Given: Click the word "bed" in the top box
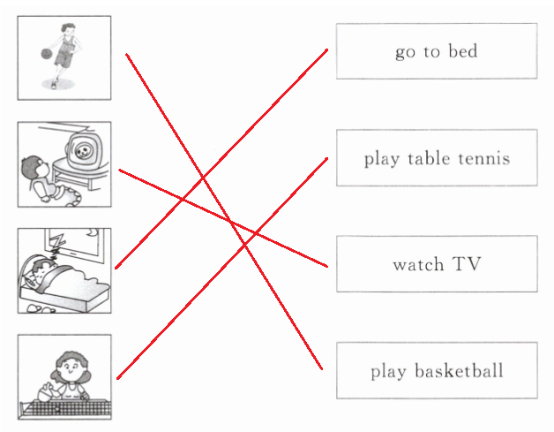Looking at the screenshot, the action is tap(463, 51).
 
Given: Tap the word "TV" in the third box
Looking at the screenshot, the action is tap(467, 264).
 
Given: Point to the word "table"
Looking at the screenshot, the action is tap(429, 159).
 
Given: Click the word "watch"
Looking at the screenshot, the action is tap(418, 264).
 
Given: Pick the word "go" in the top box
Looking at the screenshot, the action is tap(405, 52).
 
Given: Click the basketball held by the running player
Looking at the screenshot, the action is tap(46, 54).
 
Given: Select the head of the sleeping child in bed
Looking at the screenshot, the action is tap(38, 269).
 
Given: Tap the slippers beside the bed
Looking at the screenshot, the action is tap(41, 307).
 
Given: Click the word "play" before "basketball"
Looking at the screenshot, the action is tap(388, 371).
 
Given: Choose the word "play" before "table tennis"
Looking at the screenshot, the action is tap(381, 159).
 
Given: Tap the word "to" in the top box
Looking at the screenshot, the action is tap(431, 51).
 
